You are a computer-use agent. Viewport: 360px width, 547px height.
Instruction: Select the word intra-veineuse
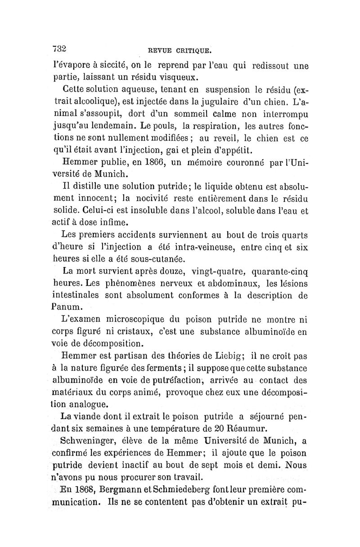click(x=197, y=247)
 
